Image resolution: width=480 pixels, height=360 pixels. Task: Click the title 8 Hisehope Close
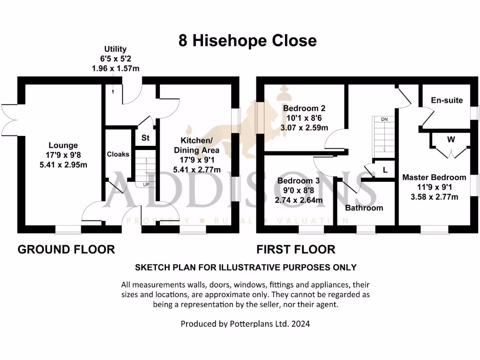pos(247,41)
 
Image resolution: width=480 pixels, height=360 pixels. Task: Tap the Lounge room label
pos(63,145)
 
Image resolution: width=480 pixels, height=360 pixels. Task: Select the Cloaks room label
pos(118,154)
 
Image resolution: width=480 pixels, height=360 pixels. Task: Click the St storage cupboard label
pos(145,138)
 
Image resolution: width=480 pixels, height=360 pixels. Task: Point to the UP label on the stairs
pos(146,185)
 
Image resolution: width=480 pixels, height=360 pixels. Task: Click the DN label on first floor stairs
pos(384,120)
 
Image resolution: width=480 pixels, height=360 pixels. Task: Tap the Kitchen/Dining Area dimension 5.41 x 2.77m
pos(197,170)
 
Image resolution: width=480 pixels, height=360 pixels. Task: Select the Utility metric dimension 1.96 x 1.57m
pos(115,68)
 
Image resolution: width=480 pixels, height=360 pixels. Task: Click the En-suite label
pos(447,100)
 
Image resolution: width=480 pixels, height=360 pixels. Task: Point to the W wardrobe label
pos(451,140)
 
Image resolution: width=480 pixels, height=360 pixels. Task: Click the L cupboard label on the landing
pos(385,170)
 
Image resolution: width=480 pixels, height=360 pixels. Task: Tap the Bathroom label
pos(364,208)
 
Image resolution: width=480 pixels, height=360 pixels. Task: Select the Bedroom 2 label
pos(304,108)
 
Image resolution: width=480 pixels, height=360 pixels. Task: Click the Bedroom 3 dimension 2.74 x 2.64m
pos(299,200)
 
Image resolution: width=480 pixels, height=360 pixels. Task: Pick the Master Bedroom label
pos(434,178)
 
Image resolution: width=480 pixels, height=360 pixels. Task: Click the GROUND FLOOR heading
pos(66,249)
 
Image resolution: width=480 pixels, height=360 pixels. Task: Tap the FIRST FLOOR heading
pos(296,249)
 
